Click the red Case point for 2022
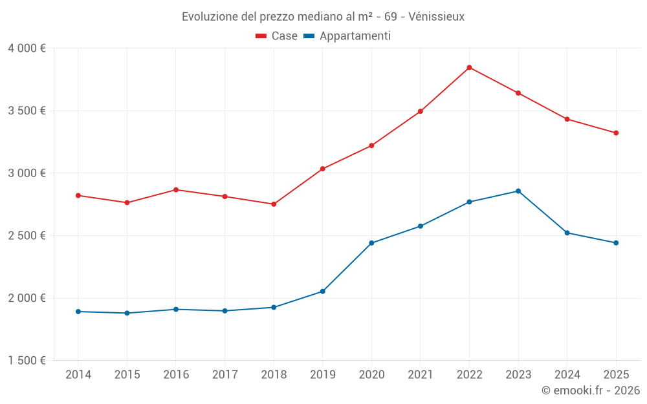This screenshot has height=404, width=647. click(469, 67)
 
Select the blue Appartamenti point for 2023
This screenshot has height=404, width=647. click(518, 191)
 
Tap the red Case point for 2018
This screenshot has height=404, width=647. click(274, 204)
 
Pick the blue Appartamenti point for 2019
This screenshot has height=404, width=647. click(322, 292)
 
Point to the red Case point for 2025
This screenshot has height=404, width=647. click(616, 133)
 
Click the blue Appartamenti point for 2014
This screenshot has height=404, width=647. click(78, 312)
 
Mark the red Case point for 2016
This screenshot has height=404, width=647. click(176, 189)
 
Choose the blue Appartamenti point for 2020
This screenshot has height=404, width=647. click(371, 243)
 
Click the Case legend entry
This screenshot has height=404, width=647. click(277, 36)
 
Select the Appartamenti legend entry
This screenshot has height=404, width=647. click(347, 36)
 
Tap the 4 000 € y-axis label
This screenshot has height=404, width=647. click(27, 48)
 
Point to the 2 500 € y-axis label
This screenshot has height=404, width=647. click(27, 236)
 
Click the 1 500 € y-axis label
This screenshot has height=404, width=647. click(27, 361)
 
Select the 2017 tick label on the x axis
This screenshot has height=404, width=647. click(225, 375)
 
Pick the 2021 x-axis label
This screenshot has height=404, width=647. click(420, 375)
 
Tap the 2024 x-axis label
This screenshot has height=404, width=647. click(567, 375)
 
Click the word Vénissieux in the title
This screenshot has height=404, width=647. click(436, 17)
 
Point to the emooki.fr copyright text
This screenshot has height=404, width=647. click(591, 390)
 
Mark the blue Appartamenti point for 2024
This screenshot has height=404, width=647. click(567, 233)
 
